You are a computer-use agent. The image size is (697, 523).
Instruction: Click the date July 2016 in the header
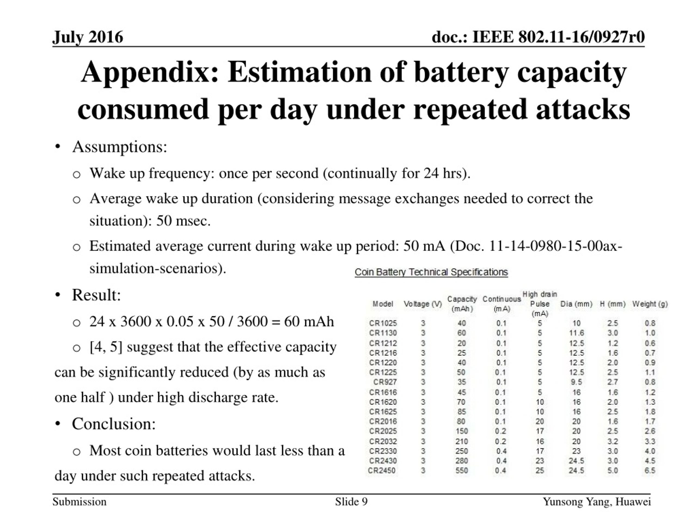pos(88,37)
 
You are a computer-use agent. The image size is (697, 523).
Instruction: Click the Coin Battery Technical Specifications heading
pos(431,272)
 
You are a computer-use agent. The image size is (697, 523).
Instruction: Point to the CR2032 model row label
pos(383,441)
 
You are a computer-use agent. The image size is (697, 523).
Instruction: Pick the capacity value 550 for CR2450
pos(461,470)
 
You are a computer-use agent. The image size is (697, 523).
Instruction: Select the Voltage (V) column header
pos(423,304)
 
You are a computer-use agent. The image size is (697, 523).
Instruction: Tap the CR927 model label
pos(385,382)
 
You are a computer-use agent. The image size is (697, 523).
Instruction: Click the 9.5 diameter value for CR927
pos(576,382)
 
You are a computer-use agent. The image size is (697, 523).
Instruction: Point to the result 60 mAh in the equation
pos(309,321)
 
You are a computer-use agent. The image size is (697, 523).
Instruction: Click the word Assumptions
pos(120,147)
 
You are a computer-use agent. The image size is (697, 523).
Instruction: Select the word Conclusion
pos(114,424)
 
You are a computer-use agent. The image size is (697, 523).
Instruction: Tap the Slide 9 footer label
pos(351,501)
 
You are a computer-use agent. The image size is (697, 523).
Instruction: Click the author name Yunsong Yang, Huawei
pos(597,502)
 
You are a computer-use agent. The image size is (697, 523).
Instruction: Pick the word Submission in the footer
pos(80,501)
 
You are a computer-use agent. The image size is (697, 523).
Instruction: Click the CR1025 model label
pos(383,323)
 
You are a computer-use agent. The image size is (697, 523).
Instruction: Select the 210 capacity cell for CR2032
pos(461,441)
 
